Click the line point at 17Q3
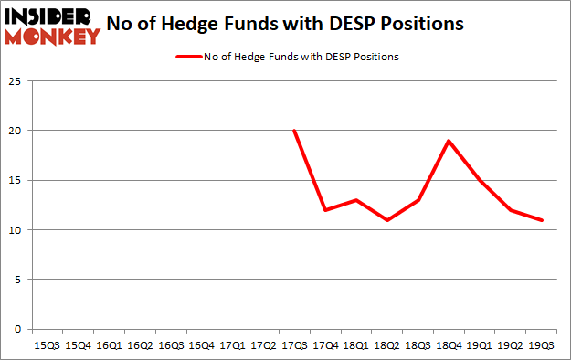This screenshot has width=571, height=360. (294, 131)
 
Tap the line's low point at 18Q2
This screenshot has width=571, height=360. (387, 220)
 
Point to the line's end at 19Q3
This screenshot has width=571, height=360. (543, 220)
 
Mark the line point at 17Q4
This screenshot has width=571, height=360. (325, 210)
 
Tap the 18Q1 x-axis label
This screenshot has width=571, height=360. (356, 345)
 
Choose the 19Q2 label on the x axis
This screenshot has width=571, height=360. (512, 345)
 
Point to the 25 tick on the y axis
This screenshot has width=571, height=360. (16, 81)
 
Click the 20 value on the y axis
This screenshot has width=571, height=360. (16, 131)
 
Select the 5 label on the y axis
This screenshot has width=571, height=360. (18, 280)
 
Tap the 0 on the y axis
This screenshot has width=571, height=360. (18, 329)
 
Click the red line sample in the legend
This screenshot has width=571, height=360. (187, 57)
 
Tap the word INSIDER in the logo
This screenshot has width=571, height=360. (51, 16)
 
